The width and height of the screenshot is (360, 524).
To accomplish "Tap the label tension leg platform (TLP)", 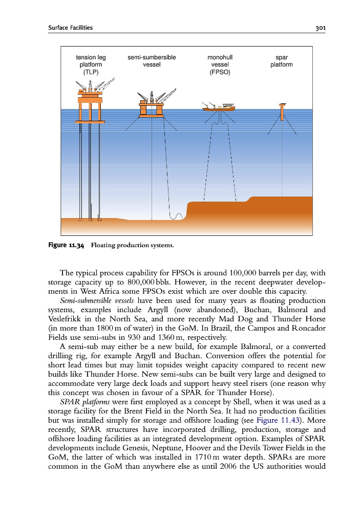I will tap(91, 65).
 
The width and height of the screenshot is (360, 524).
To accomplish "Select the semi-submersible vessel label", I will tap(152, 61).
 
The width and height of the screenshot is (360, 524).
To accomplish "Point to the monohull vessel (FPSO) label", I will tap(220, 65).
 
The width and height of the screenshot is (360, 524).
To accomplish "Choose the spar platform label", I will tap(281, 61).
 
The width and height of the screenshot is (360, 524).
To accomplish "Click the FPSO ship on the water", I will tap(219, 107).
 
